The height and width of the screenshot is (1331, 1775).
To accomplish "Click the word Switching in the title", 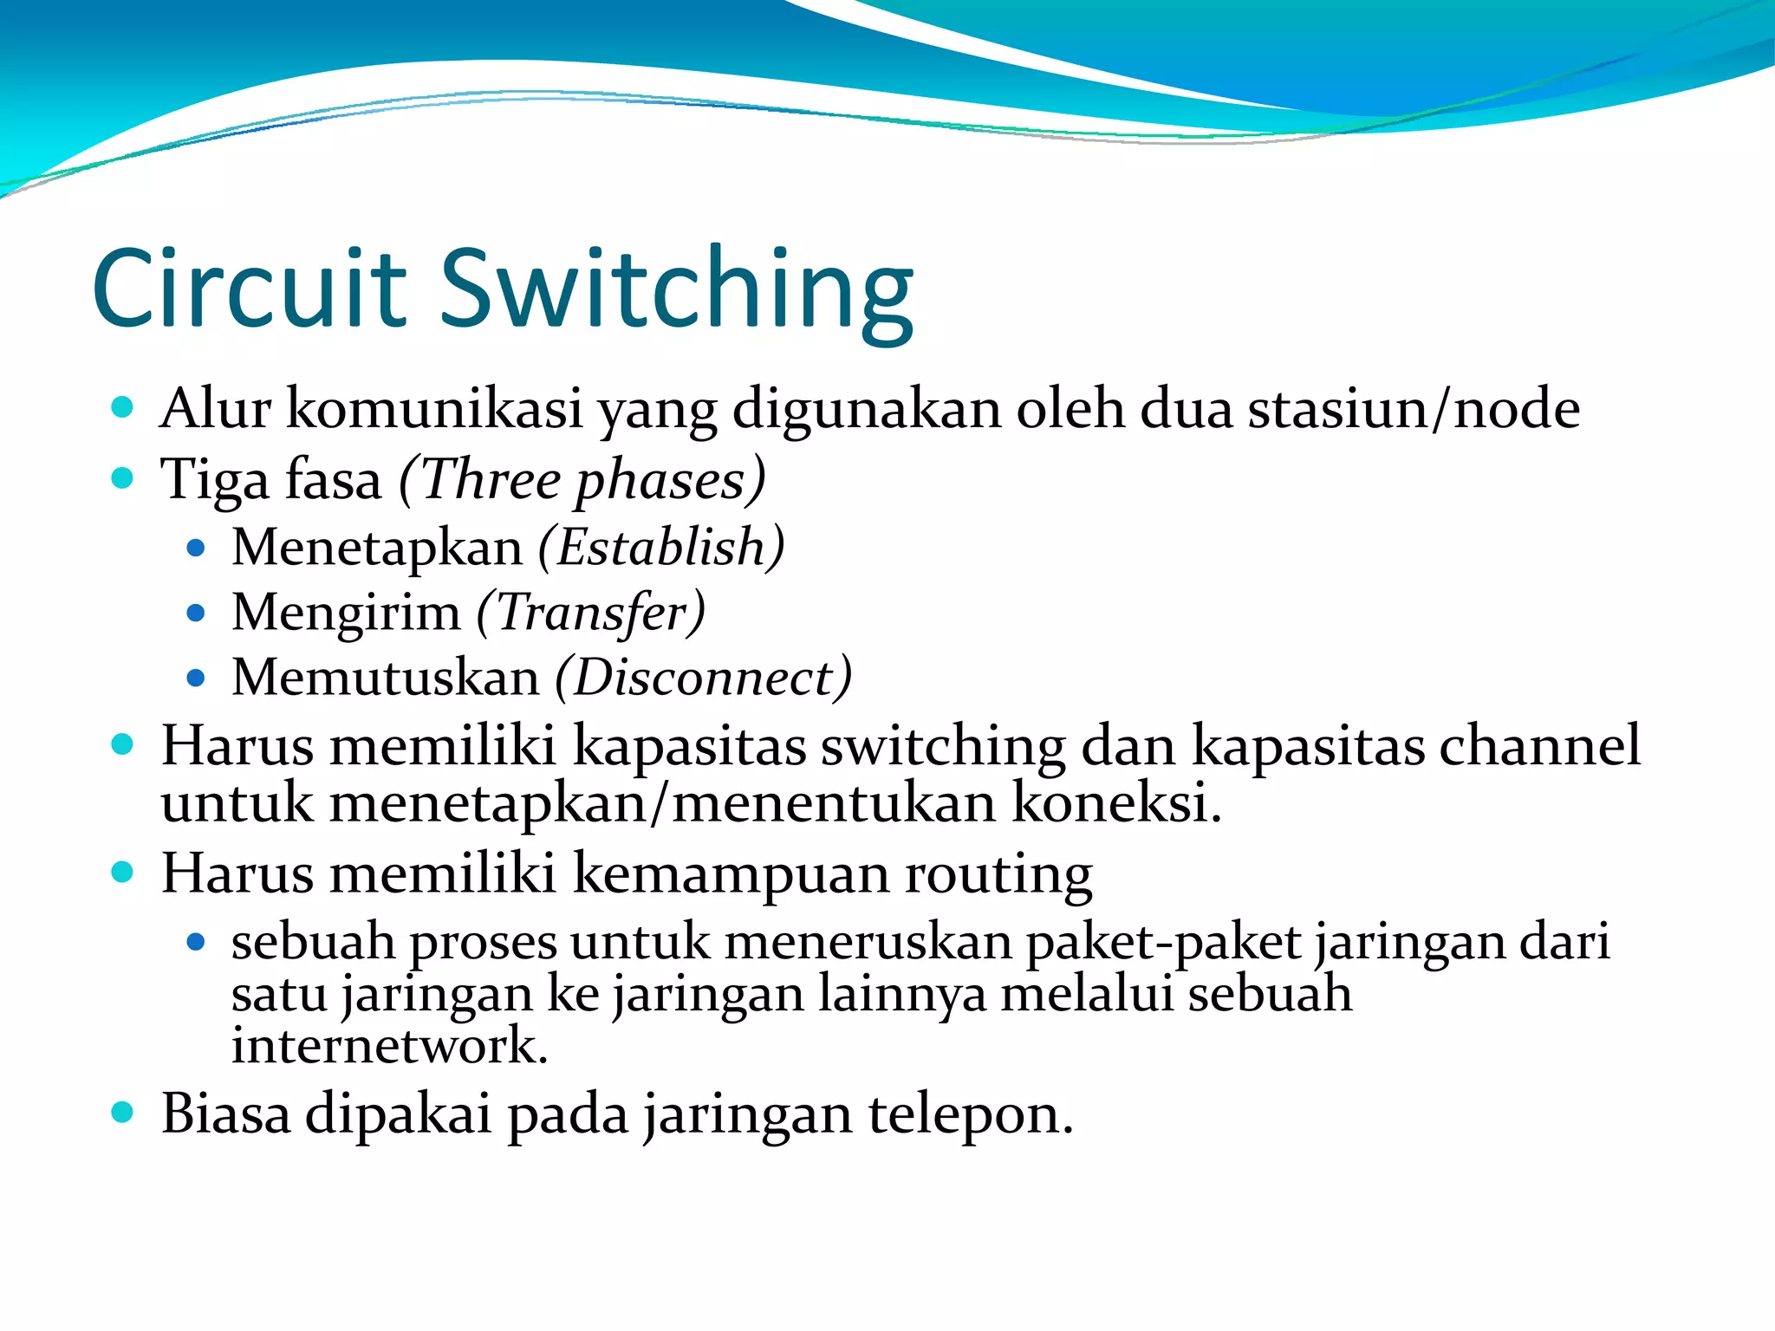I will [x=677, y=291].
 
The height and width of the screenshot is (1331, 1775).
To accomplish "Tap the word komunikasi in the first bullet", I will [x=434, y=408].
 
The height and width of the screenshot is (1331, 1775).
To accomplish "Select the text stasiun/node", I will [x=1414, y=408].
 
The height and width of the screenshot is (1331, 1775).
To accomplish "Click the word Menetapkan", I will [x=377, y=548].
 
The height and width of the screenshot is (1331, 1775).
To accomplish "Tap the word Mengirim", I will [x=346, y=613].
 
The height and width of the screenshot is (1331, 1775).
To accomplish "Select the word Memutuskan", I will [x=386, y=678].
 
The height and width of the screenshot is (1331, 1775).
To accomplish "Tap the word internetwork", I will [x=389, y=1045].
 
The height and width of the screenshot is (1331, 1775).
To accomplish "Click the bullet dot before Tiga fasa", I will [x=123, y=477].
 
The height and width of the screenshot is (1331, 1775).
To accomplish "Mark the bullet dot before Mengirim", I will [x=196, y=614].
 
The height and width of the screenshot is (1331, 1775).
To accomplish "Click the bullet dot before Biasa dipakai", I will [x=123, y=1112].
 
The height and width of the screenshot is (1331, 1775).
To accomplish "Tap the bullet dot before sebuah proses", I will [x=196, y=942].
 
